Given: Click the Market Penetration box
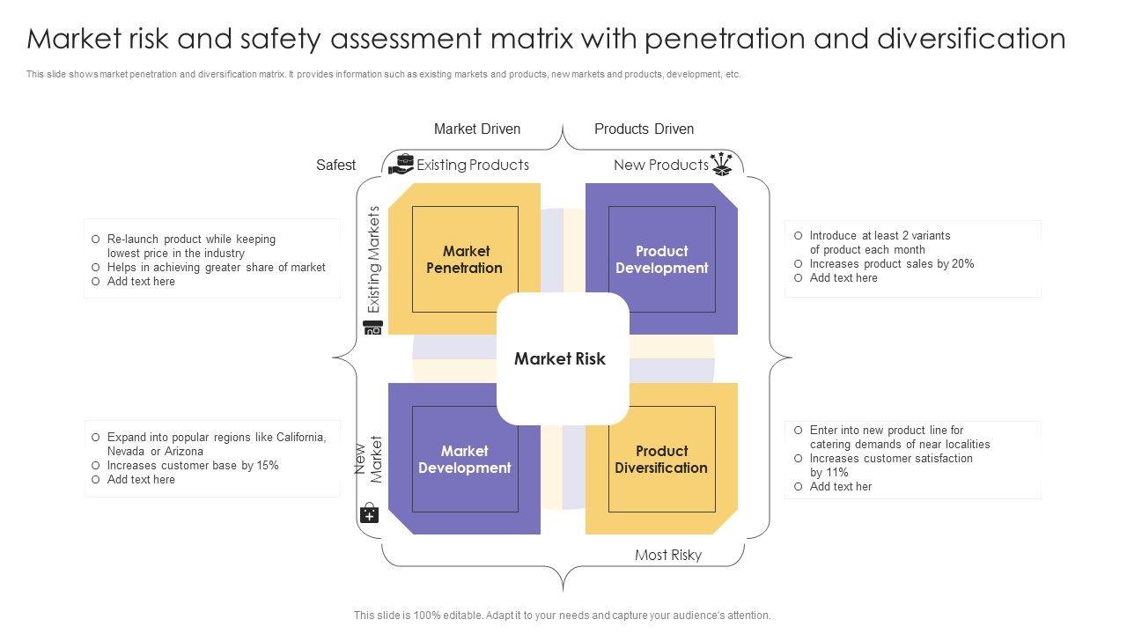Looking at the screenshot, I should pyautogui.click(x=464, y=260).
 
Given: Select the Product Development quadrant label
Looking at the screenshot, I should pyautogui.click(x=661, y=260).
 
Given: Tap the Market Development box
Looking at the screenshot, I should pyautogui.click(x=464, y=459).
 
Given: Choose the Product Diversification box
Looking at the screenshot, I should pyautogui.click(x=661, y=459).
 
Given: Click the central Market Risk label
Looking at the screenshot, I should pyautogui.click(x=560, y=358).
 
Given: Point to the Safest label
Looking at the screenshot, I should pyautogui.click(x=335, y=165).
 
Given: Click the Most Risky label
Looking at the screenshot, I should pyautogui.click(x=668, y=555).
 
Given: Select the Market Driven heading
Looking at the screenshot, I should pyautogui.click(x=477, y=129).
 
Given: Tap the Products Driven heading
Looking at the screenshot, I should pyautogui.click(x=644, y=129).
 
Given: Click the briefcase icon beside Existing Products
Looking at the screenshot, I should pyautogui.click(x=401, y=164).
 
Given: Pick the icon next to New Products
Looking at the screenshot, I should pyautogui.click(x=722, y=164).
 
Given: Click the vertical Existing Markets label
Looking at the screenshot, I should pyautogui.click(x=374, y=260).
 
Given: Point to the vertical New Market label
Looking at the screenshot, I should pyautogui.click(x=369, y=459).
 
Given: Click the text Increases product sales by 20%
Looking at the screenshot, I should pyautogui.click(x=891, y=263).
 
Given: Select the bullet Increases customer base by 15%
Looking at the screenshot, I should pyautogui.click(x=193, y=465).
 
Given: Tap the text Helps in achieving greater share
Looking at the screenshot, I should pyautogui.click(x=216, y=267).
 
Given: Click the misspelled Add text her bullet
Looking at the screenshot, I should pyautogui.click(x=840, y=486).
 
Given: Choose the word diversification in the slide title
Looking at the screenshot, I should pyautogui.click(x=971, y=39).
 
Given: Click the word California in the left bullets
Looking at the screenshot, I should pyautogui.click(x=300, y=437).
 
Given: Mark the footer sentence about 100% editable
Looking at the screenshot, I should pyautogui.click(x=562, y=616).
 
